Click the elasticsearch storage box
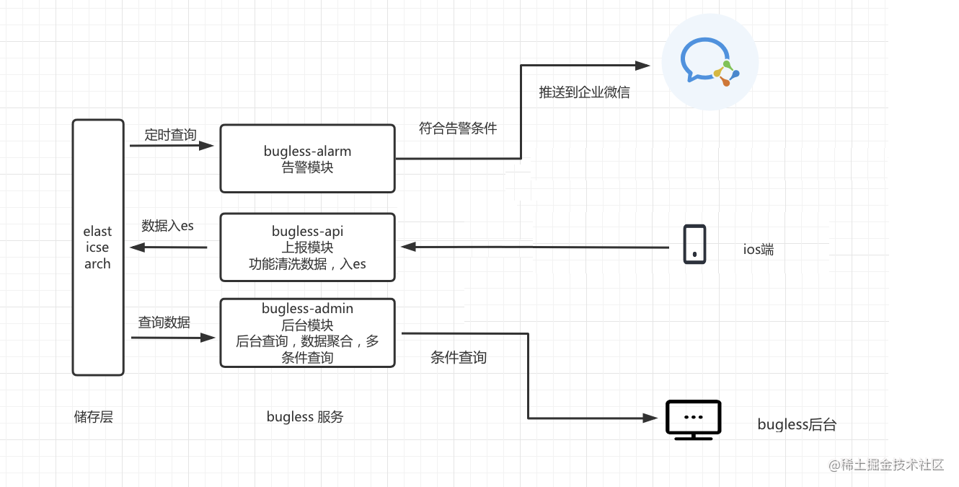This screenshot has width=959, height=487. click(98, 247)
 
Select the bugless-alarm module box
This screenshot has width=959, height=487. click(307, 159)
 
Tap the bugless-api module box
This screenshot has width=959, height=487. click(307, 247)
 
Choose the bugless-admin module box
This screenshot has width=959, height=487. click(307, 333)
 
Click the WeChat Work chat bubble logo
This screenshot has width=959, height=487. click(709, 63)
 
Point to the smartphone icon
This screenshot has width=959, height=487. click(694, 245)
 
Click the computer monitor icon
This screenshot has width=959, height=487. click(692, 419)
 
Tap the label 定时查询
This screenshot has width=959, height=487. click(170, 134)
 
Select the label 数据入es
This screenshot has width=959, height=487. click(167, 226)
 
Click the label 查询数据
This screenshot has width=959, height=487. click(164, 323)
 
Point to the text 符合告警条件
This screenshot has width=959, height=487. click(458, 128)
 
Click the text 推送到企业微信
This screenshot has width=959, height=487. click(584, 92)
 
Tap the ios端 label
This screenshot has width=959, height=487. click(759, 250)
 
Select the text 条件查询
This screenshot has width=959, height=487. click(459, 357)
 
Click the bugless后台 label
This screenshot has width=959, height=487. click(797, 424)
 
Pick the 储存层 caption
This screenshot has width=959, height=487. click(94, 416)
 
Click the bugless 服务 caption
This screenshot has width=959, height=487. click(305, 416)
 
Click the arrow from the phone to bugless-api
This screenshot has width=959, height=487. click(534, 247)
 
